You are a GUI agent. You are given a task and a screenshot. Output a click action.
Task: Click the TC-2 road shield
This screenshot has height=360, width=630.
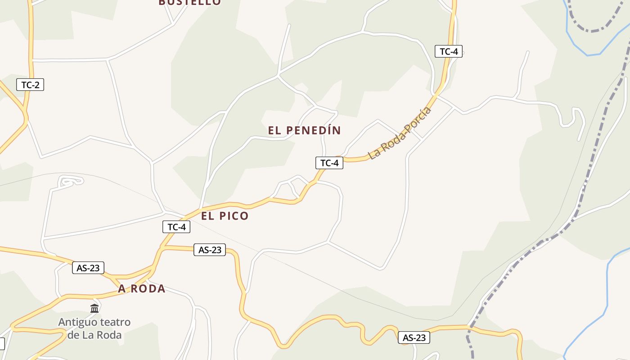pos(30,84)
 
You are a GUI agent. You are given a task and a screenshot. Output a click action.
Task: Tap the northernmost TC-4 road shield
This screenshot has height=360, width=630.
pos(448,51)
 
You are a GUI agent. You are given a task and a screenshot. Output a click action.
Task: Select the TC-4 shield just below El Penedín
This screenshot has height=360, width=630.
pos(329,163)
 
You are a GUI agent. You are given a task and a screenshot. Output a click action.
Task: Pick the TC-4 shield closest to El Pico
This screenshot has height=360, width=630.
pos(176,227)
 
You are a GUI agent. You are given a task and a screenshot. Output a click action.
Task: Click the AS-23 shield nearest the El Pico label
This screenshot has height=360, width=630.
pos(210,250)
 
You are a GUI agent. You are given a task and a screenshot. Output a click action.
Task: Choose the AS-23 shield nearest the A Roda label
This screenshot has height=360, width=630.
pos(88,268)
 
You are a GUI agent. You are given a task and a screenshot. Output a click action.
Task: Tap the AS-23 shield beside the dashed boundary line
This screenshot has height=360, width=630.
pos(414,337)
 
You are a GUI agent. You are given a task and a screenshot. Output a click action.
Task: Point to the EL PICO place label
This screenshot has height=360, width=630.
pos(225,216)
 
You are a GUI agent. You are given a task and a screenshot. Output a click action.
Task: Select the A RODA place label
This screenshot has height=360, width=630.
pos(142,289)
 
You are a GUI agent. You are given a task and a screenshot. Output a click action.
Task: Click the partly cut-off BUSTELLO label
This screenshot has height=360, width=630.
pos(190,2)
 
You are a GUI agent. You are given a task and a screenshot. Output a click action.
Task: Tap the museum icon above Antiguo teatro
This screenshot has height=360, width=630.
pos(94,308)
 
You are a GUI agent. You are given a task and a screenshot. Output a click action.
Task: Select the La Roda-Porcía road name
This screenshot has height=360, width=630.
pos(400,133)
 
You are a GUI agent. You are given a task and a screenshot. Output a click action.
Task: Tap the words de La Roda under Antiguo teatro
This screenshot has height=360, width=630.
pos(94,335)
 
